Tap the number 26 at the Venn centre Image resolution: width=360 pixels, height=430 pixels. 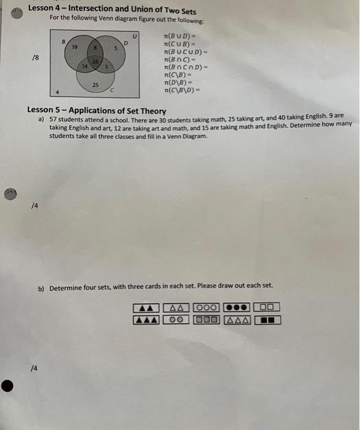tap(95, 61)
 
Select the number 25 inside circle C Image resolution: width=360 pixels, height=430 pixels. tap(95, 84)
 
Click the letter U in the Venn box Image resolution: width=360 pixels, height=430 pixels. tap(135, 37)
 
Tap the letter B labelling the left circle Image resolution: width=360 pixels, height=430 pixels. tap(63, 41)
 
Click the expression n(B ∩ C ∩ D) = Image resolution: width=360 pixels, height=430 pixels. tap(187, 66)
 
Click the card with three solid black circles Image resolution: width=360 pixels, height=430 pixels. tap(237, 307)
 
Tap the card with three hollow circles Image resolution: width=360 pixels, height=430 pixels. tap(207, 307)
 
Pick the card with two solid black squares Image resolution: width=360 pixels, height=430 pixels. tap(267, 319)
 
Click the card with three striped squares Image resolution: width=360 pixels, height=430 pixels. tap(207, 319)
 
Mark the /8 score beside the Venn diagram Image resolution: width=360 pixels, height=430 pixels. tap(36, 57)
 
